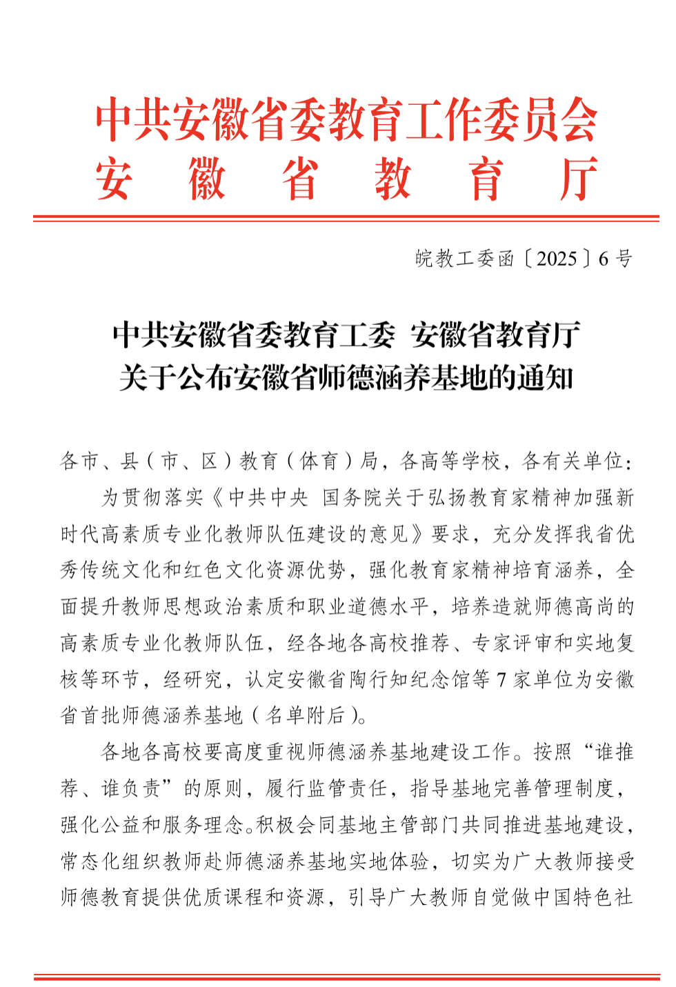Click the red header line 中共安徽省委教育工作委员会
[x=346, y=119]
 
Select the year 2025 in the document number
[x=556, y=259]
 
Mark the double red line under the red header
[x=346, y=219]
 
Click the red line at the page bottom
[x=346, y=977]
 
